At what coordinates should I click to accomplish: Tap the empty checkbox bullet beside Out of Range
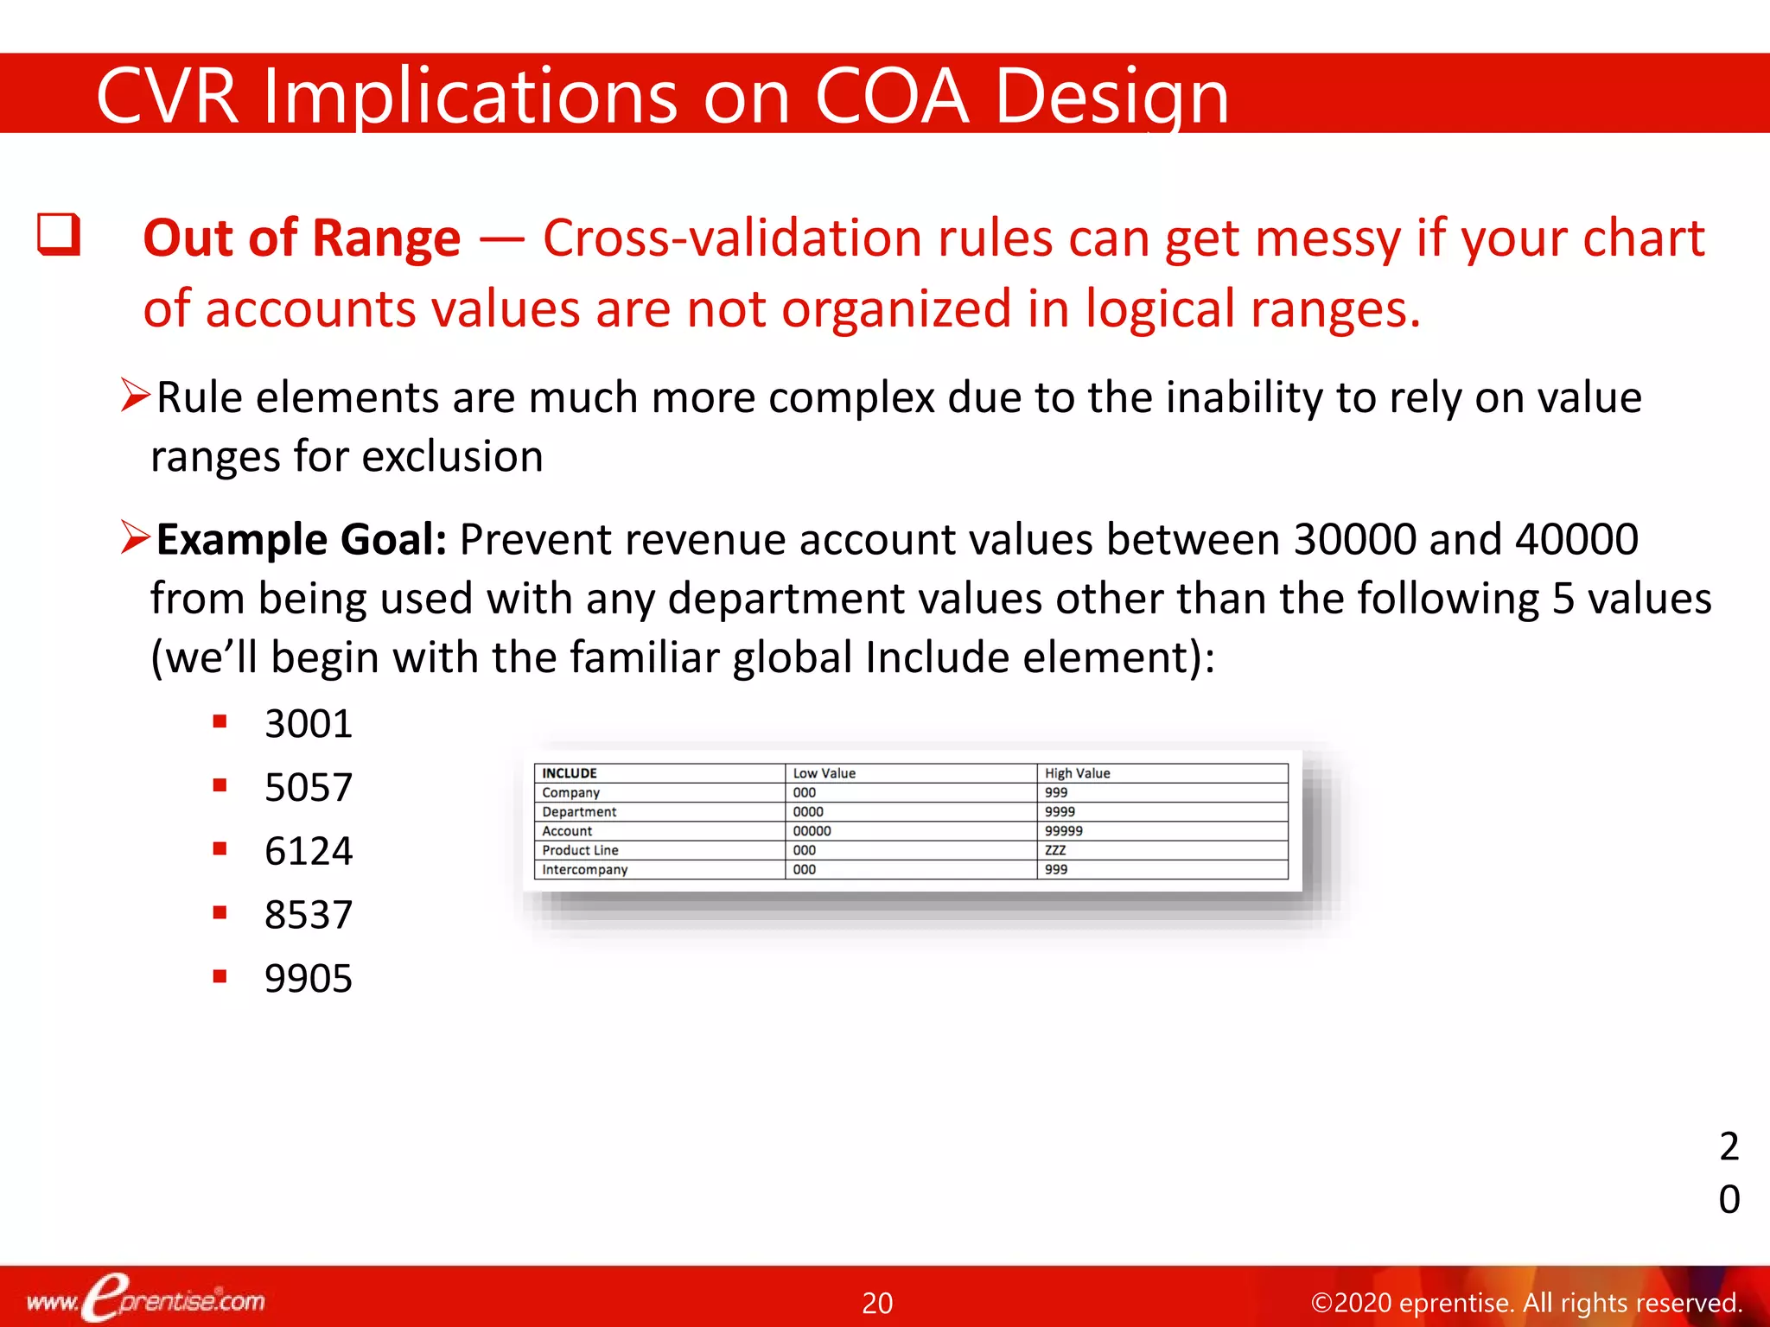click(59, 235)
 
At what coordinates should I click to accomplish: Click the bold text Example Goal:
click(302, 540)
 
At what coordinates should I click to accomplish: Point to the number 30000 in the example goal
click(1354, 540)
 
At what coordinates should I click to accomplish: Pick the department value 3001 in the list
click(309, 724)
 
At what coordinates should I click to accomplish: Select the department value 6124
click(309, 851)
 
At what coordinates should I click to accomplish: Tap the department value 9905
click(309, 979)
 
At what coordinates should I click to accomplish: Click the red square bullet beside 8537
click(220, 912)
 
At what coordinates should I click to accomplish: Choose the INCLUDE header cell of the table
click(570, 773)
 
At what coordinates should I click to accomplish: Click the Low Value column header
click(824, 773)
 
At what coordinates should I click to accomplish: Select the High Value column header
click(1077, 773)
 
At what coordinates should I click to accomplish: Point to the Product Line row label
click(580, 850)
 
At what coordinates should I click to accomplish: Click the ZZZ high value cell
click(1055, 850)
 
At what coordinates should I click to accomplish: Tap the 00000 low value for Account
click(812, 831)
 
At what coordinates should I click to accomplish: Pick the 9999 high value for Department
click(1060, 812)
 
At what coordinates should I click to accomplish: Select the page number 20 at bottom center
click(877, 1303)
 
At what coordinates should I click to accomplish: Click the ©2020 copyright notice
click(1526, 1303)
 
